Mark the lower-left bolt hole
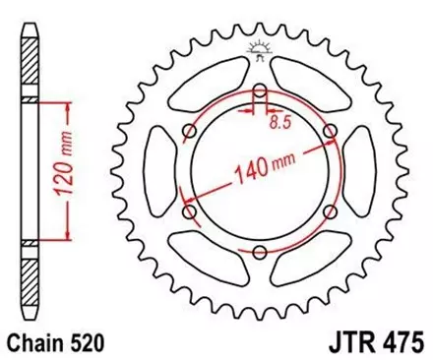click(x=189, y=210)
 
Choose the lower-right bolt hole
click(x=327, y=211)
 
